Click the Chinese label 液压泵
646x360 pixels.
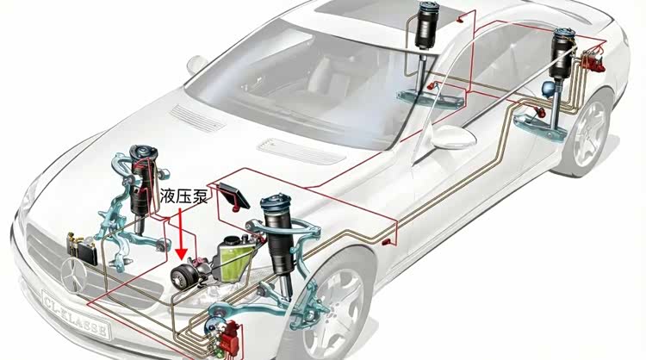point(183,196)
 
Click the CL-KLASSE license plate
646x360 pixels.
point(77,313)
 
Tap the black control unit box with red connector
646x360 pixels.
point(233,196)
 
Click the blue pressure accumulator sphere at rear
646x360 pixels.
point(548,87)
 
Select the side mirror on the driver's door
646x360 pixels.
point(454,136)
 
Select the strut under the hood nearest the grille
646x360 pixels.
point(140,181)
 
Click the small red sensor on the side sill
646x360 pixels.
point(386,242)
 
